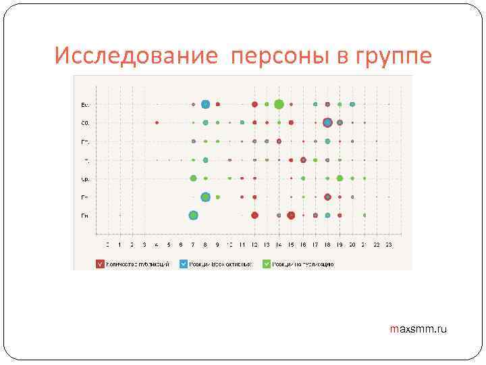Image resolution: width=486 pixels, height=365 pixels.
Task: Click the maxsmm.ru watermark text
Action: [x=418, y=329]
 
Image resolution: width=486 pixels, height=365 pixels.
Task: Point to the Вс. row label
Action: [x=85, y=105]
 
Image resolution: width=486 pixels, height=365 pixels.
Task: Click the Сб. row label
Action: [x=85, y=123]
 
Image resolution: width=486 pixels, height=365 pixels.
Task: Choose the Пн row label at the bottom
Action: [x=85, y=216]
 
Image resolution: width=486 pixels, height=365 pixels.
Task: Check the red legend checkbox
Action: [x=100, y=264]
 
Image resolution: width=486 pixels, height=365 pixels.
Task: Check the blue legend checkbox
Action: [x=184, y=264]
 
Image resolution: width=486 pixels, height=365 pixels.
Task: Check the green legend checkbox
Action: [x=267, y=264]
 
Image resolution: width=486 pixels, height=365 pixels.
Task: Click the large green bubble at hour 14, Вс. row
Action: [x=279, y=104]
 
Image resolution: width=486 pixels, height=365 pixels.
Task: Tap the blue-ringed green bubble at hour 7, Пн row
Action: [x=193, y=215]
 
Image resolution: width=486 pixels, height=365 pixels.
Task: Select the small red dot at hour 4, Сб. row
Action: [x=157, y=122]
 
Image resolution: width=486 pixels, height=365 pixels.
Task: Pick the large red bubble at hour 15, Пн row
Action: [x=291, y=215]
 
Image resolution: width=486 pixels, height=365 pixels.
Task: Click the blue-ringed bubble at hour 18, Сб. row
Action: [x=327, y=122]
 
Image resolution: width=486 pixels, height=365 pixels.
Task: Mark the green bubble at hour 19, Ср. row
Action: [x=340, y=178]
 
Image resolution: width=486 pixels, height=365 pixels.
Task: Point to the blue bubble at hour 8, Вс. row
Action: [x=205, y=104]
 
